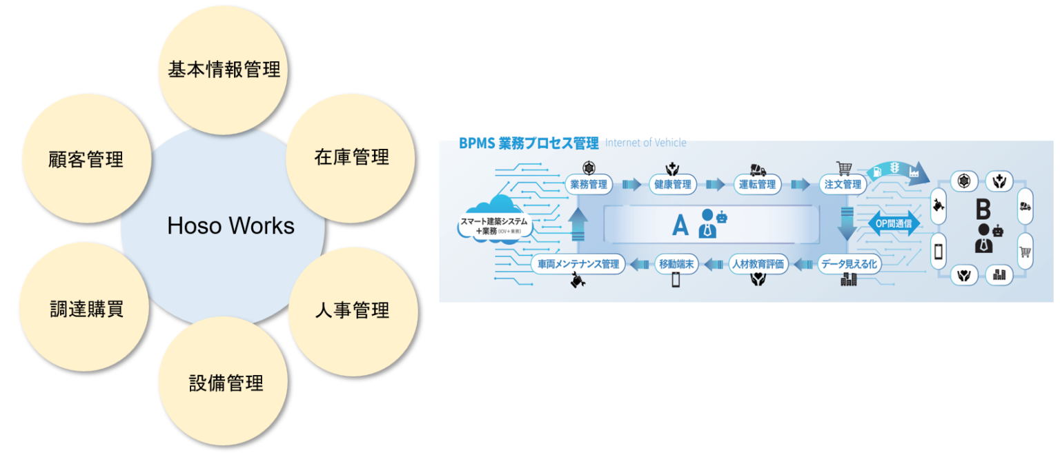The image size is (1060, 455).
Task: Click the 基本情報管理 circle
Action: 224,69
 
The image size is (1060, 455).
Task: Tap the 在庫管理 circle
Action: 351,158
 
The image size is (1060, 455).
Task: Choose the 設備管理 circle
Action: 226,383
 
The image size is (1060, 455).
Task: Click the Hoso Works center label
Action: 230,225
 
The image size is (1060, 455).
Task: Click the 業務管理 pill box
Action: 589,184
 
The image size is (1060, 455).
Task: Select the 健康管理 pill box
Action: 672,184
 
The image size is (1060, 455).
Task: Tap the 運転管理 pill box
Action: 757,184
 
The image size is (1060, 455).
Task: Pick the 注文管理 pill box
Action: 843,184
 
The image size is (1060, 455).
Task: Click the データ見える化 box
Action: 849,263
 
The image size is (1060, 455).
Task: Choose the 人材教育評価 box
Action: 758,263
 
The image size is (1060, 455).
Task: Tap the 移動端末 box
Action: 676,263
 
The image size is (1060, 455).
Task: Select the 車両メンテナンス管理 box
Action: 578,263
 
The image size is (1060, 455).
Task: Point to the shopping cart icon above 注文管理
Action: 843,168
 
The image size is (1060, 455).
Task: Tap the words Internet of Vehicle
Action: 645,143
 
